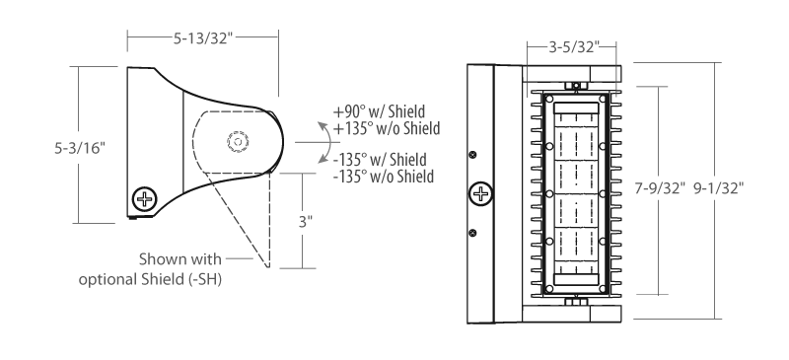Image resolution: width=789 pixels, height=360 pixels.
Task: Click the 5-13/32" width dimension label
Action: click(x=203, y=38)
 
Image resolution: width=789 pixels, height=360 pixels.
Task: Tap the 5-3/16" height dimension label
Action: click(x=80, y=148)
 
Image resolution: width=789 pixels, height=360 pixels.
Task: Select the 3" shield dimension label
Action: click(x=306, y=222)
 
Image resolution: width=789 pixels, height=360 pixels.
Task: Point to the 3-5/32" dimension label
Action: click(x=574, y=47)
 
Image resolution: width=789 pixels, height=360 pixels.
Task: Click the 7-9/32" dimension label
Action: click(x=660, y=188)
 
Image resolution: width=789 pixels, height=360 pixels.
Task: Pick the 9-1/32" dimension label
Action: click(x=719, y=188)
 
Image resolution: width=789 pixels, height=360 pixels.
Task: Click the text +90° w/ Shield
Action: click(x=380, y=111)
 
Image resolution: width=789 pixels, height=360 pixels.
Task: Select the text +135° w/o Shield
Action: click(x=387, y=128)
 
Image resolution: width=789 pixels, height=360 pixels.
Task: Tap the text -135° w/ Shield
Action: click(x=380, y=160)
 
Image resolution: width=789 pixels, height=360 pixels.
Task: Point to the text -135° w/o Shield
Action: click(x=384, y=177)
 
